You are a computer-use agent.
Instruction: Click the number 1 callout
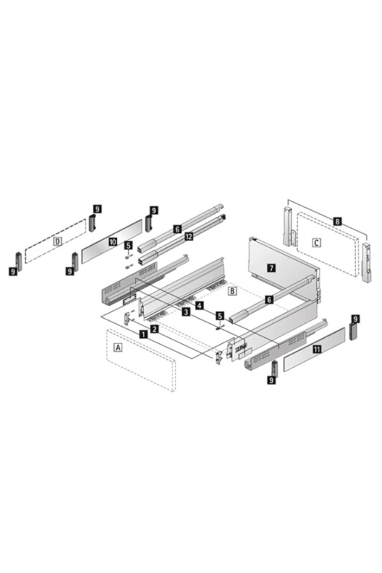(x=144, y=334)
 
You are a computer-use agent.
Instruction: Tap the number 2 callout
(x=155, y=329)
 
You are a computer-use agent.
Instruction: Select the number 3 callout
(x=186, y=311)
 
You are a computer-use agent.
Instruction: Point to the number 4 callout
(x=199, y=305)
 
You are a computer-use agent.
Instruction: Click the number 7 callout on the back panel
(x=271, y=268)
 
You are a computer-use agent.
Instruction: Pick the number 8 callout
(x=337, y=221)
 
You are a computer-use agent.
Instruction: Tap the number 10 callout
(x=113, y=241)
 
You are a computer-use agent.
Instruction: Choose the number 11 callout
(x=316, y=349)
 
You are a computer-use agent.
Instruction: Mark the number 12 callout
(x=188, y=236)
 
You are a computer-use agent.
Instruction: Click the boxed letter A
(x=118, y=347)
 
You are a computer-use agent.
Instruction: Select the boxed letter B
(x=232, y=291)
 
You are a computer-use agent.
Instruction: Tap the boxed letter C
(x=317, y=243)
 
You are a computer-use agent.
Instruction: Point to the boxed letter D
(x=57, y=241)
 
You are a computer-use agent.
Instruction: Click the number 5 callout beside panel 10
(x=129, y=245)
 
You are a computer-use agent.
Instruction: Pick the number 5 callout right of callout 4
(x=219, y=315)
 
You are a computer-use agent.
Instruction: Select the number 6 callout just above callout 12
(x=178, y=229)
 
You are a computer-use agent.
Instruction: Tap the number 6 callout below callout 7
(x=269, y=300)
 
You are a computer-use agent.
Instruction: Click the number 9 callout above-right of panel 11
(x=355, y=319)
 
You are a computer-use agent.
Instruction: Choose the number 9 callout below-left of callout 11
(x=271, y=380)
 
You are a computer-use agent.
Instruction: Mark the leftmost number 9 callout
(x=13, y=271)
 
